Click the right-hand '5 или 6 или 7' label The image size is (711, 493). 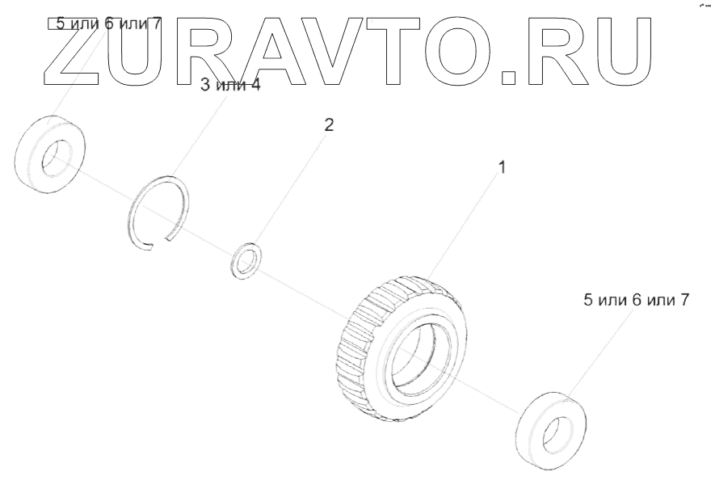[x=636, y=299]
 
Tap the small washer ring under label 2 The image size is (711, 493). [x=245, y=260]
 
